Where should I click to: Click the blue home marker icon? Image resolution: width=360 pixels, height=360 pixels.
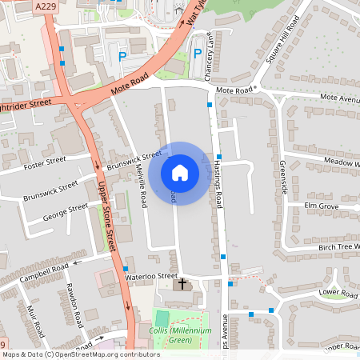[179, 173]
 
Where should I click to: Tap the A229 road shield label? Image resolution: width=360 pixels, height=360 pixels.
[46, 6]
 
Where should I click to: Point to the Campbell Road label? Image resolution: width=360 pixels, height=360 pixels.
[46, 272]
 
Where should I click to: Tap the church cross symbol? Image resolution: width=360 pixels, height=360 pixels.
[182, 283]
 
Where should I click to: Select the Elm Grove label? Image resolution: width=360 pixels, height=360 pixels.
[322, 206]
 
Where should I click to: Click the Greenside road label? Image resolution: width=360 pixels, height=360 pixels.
[284, 174]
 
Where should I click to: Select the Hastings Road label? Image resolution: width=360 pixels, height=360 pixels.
[218, 182]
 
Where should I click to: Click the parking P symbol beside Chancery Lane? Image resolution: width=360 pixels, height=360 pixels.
[198, 54]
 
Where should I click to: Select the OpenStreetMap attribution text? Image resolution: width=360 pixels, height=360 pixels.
[81, 354]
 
